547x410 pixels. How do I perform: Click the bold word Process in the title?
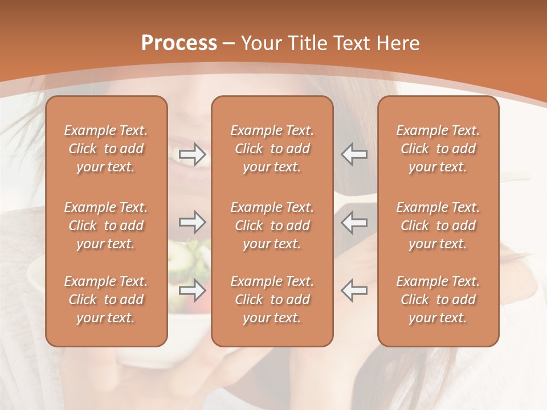click(x=179, y=43)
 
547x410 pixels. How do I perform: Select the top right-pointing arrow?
click(x=193, y=154)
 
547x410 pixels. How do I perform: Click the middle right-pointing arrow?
click(x=193, y=222)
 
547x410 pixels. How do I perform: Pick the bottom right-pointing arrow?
click(x=193, y=290)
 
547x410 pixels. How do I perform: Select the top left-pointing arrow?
click(x=354, y=154)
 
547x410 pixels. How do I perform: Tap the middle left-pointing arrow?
click(x=354, y=222)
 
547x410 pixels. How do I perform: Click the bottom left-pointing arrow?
click(x=354, y=290)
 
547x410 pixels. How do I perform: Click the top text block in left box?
click(x=106, y=149)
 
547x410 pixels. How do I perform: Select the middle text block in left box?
click(x=106, y=225)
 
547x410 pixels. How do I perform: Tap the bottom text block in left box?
click(x=106, y=300)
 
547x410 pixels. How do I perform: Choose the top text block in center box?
click(x=272, y=149)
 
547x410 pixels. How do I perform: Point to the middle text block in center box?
click(x=272, y=225)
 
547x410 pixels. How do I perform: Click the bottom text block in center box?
click(x=272, y=300)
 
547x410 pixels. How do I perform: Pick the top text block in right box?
click(x=438, y=149)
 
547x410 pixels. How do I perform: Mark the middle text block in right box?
click(x=438, y=225)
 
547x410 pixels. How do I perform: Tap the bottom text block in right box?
click(x=438, y=300)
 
